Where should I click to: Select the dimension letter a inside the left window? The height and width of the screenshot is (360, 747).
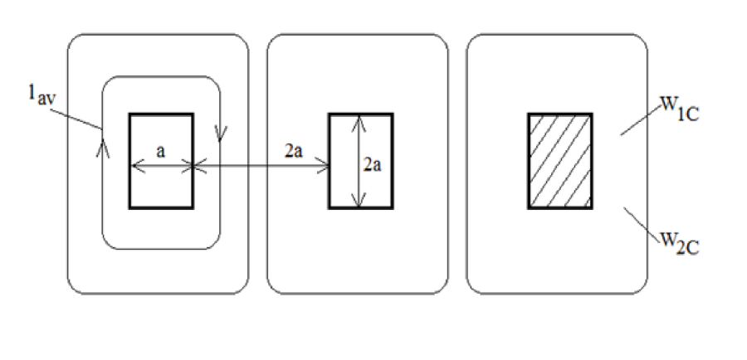pyautogui.click(x=161, y=151)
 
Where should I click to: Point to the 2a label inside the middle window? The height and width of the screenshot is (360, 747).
pyautogui.click(x=373, y=165)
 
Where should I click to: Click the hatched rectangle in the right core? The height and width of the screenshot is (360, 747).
pyautogui.click(x=560, y=160)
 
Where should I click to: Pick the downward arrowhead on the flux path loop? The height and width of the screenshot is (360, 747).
pyautogui.click(x=220, y=133)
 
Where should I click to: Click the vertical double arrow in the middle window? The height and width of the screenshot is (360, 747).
pyautogui.click(x=358, y=160)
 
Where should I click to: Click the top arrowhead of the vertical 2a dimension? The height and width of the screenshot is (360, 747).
pyautogui.click(x=358, y=119)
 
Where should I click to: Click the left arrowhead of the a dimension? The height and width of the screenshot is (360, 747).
pyautogui.click(x=135, y=167)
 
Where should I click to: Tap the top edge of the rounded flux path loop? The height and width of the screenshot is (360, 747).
pyautogui.click(x=161, y=78)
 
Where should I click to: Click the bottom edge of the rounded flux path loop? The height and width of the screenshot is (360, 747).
pyautogui.click(x=161, y=248)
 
